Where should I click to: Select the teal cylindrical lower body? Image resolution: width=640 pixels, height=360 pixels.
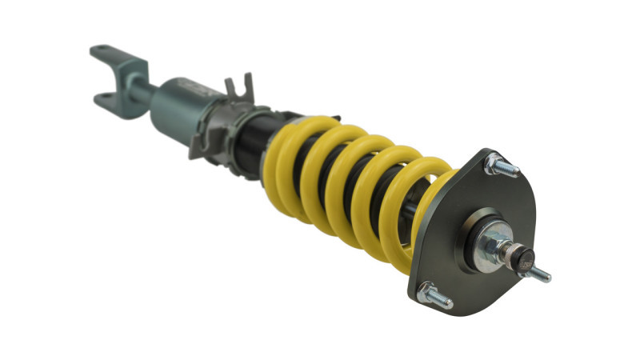click(x=180, y=108)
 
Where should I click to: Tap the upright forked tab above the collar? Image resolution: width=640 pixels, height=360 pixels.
click(x=236, y=90)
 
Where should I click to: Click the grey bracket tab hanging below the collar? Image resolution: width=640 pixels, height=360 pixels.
click(x=200, y=145)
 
